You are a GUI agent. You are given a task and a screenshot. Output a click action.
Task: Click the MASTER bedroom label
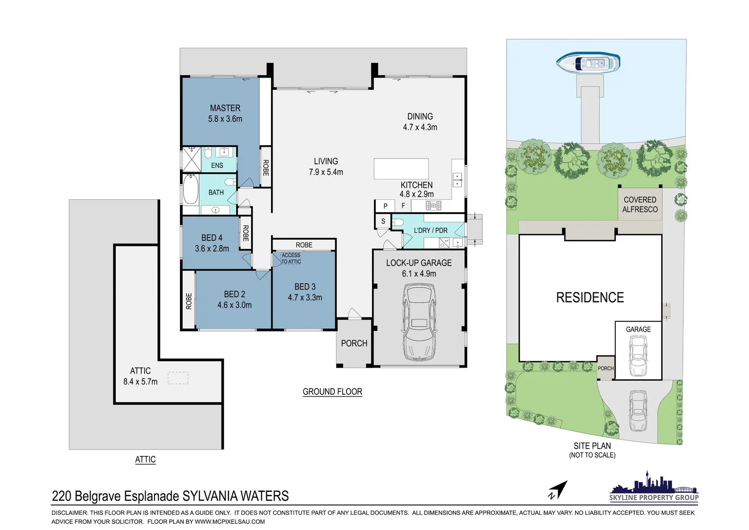tap(225, 108)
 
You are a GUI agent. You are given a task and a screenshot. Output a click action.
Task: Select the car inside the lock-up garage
tap(419, 322)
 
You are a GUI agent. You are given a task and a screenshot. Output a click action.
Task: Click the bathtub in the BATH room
tap(190, 189)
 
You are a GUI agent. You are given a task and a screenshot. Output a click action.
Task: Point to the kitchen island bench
tap(401, 169)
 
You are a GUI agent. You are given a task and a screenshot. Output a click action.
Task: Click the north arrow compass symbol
tap(558, 490)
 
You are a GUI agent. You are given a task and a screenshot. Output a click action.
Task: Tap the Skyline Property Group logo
tap(654, 486)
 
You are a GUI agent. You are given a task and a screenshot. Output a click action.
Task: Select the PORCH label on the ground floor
tap(354, 343)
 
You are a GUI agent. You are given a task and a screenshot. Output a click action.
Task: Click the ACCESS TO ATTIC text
tap(291, 258)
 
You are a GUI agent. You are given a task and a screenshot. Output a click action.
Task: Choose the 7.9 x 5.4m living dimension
tap(326, 172)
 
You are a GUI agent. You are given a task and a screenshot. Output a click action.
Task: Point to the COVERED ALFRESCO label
tap(640, 204)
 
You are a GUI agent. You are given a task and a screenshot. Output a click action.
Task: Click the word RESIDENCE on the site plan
tap(590, 297)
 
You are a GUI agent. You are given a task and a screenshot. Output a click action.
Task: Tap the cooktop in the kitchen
tap(433, 206)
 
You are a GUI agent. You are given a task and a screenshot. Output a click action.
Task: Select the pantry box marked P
tap(385, 206)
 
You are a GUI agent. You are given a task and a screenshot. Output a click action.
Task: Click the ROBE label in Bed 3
tap(304, 245)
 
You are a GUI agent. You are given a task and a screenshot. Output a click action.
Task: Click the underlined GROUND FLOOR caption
tap(332, 392)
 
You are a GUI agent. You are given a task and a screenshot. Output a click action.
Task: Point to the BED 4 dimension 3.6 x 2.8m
tap(212, 249)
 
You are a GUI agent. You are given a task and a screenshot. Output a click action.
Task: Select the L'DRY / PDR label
tap(431, 230)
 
